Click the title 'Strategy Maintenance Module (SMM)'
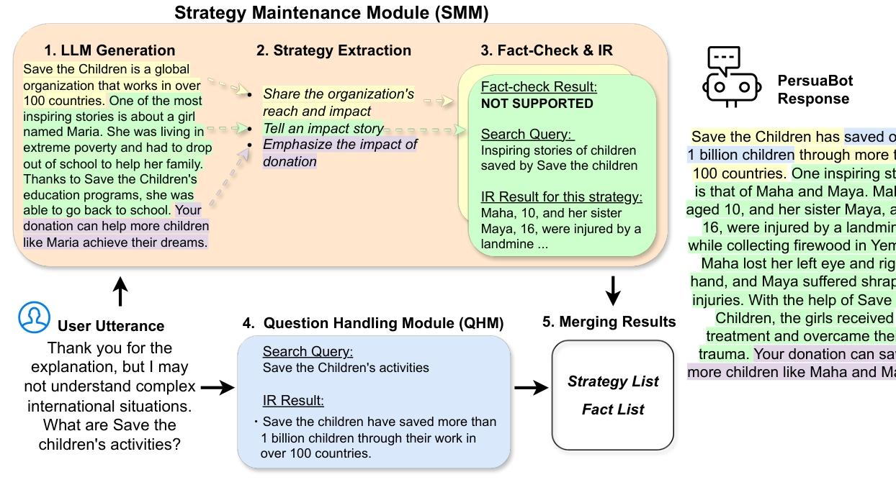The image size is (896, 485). [331, 13]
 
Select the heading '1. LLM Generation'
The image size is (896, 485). [109, 50]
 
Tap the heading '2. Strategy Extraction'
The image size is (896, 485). [333, 50]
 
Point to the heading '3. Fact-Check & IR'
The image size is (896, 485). [547, 50]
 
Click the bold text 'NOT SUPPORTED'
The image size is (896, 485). [537, 104]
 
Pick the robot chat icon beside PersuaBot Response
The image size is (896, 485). [731, 78]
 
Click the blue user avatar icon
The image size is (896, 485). [35, 317]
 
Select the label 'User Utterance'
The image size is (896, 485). [111, 326]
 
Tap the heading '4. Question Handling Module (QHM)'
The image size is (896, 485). [373, 323]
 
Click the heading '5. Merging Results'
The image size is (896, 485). [609, 322]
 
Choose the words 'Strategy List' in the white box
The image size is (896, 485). [613, 381]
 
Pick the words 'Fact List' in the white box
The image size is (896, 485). [613, 409]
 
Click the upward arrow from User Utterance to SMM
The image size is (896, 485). [121, 292]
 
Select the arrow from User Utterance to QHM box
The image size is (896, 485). [218, 388]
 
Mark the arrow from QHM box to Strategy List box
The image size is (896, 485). [531, 388]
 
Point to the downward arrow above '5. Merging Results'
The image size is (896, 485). [612, 290]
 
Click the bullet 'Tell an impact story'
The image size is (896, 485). [323, 128]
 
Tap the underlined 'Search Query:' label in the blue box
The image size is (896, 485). [308, 352]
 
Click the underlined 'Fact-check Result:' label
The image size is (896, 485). [539, 87]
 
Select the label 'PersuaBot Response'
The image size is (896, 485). [815, 90]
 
